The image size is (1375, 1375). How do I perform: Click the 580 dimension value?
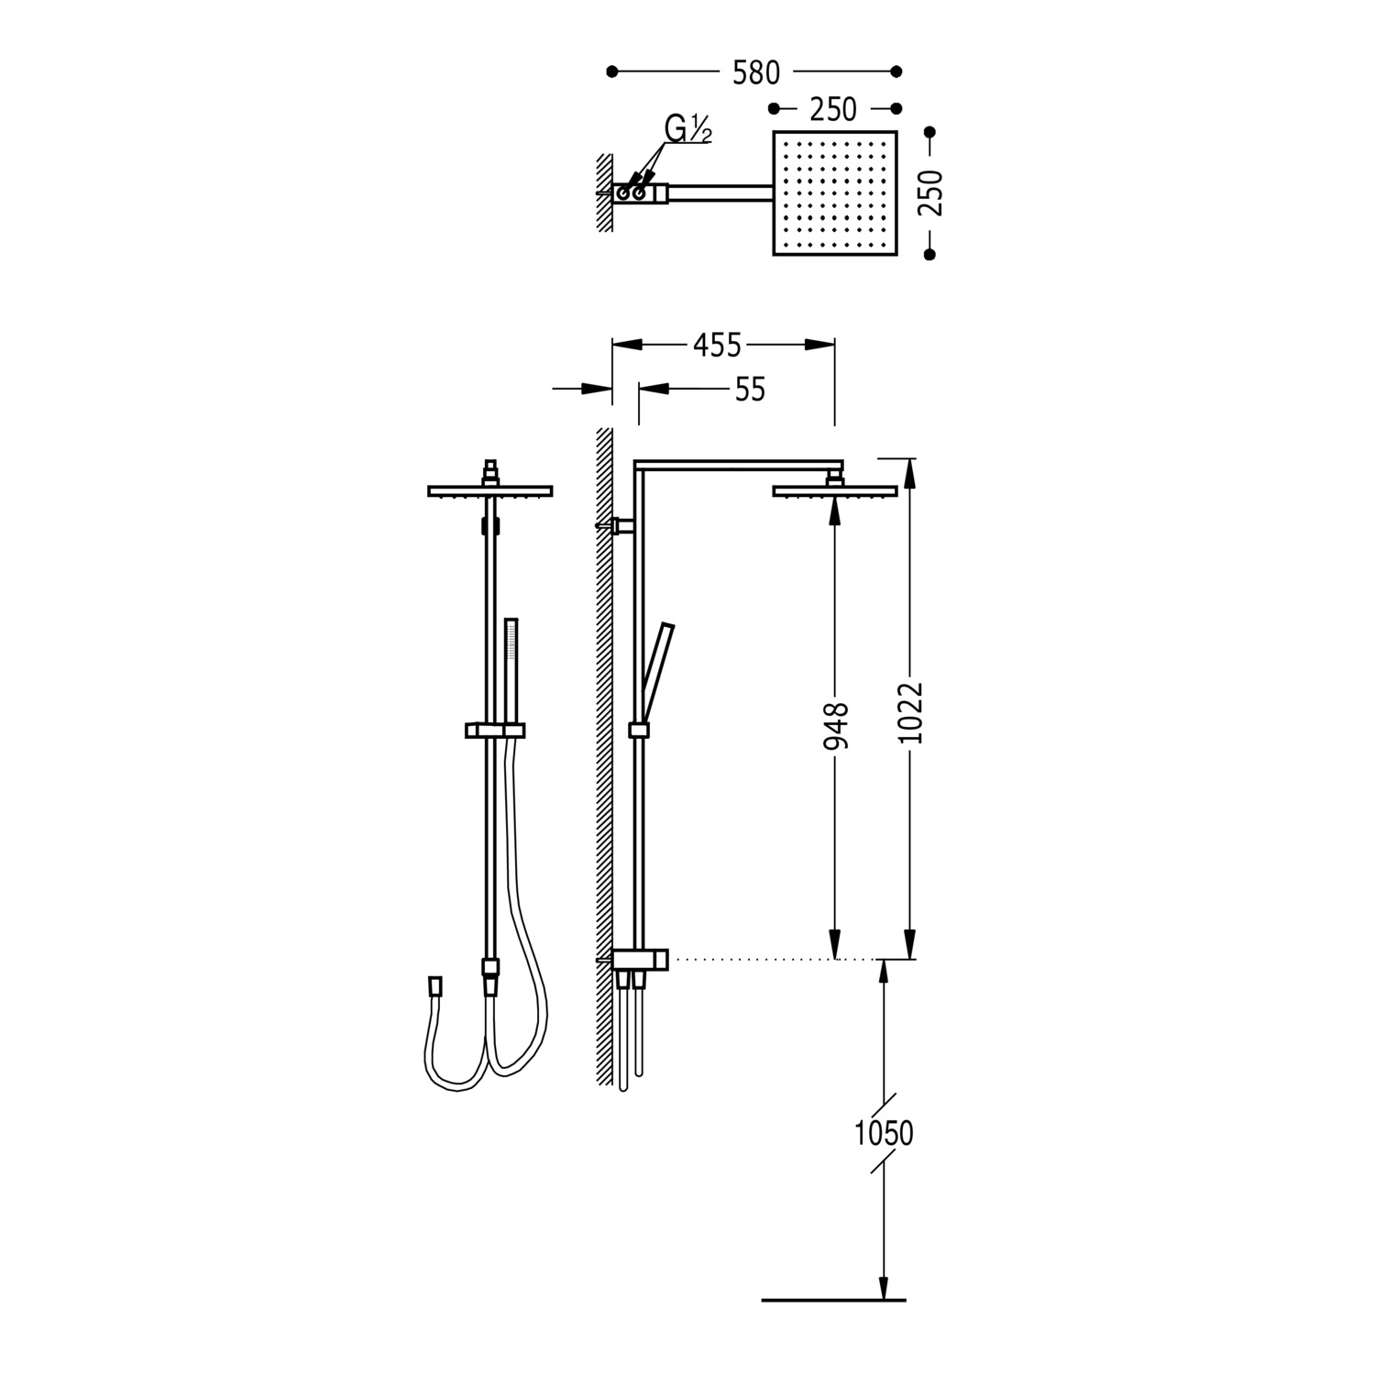pos(755,72)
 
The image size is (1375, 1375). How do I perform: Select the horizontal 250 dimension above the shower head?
pos(833,110)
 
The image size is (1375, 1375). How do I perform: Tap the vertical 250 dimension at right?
pos(930,192)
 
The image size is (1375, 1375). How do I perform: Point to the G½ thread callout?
pos(688,130)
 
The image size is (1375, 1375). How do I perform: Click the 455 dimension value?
pos(717,345)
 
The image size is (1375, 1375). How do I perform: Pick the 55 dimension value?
pos(750,390)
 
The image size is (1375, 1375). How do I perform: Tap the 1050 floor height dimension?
pos(885,1134)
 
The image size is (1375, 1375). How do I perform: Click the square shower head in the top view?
pos(835,193)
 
